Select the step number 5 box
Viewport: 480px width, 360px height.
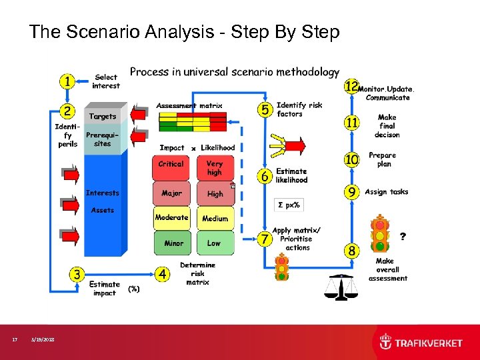265,109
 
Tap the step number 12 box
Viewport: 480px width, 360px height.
351,87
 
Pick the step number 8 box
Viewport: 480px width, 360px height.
351,251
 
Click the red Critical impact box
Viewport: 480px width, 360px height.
171,165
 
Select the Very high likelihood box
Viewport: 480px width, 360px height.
215,168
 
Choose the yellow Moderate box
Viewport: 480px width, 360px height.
171,218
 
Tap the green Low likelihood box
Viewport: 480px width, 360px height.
215,243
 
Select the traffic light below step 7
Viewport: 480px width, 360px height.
282,267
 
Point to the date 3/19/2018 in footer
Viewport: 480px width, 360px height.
43,340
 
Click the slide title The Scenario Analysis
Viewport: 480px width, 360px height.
184,31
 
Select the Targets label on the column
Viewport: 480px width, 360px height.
103,117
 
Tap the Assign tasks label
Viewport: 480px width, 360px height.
386,192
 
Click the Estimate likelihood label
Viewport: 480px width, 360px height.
292,175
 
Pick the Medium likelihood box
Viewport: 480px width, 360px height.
215,218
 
